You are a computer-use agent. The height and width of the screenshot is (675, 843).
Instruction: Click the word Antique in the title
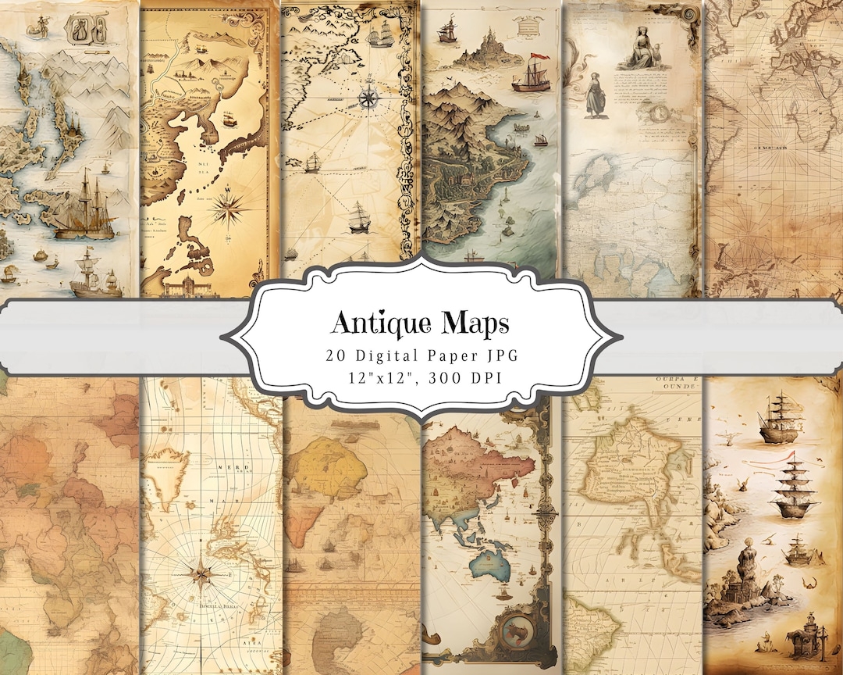coord(372,321)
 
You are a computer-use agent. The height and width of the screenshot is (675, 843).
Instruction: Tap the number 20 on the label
coord(336,354)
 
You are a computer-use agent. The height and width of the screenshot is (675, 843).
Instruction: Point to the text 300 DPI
coord(468,379)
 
